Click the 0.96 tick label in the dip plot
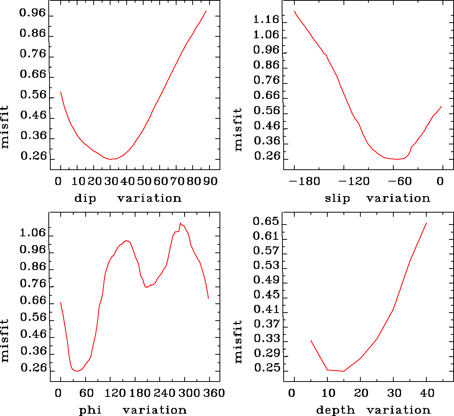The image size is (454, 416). (x=33, y=13)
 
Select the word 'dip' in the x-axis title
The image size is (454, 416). (x=85, y=198)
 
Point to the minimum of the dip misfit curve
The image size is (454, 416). (x=111, y=159)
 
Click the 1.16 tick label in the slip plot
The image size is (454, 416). (x=266, y=19)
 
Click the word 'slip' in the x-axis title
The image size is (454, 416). (x=337, y=198)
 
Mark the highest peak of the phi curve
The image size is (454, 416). (x=180, y=223)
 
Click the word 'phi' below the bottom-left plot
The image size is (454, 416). (x=90, y=411)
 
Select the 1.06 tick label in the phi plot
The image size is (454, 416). (x=33, y=233)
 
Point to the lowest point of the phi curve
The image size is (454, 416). (x=77, y=371)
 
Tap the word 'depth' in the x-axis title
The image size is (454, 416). (x=335, y=411)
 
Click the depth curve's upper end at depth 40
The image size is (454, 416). (x=426, y=223)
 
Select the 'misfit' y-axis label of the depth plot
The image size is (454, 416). (x=238, y=342)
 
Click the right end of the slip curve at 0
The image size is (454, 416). (x=442, y=106)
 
